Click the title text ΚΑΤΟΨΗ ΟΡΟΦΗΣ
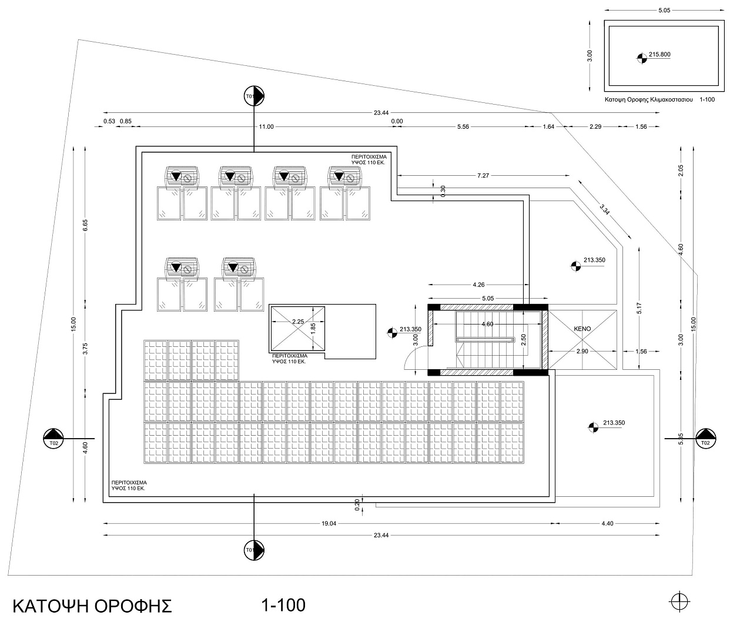(92, 606)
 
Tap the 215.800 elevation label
(659, 54)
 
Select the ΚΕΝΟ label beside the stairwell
(582, 329)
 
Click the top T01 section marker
(255, 96)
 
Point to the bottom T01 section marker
(255, 550)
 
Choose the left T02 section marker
(53, 439)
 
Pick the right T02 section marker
(706, 439)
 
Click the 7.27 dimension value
(483, 175)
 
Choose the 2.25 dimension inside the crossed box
(297, 322)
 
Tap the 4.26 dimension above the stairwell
(479, 285)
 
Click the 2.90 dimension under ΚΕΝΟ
(581, 351)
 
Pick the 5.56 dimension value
(463, 126)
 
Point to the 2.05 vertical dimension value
(681, 171)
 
